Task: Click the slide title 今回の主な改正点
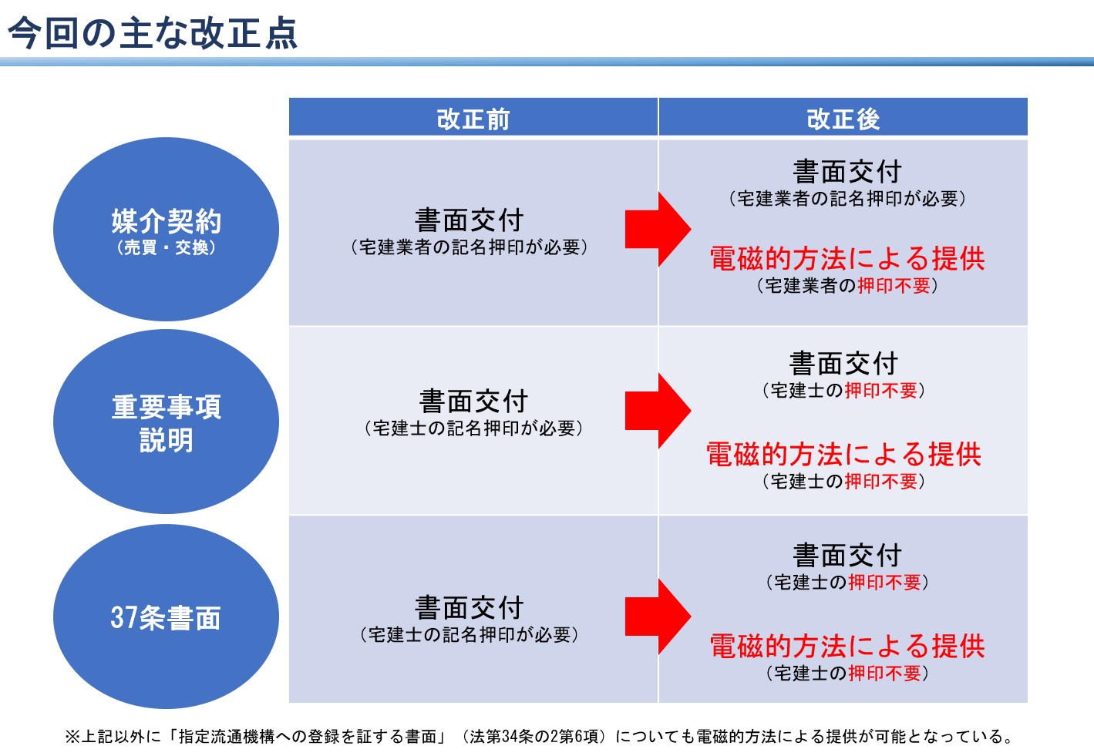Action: (x=153, y=32)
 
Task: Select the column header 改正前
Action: (x=473, y=119)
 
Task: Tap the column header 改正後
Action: (x=843, y=119)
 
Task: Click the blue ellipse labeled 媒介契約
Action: (x=166, y=230)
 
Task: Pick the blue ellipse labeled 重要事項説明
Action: (x=166, y=422)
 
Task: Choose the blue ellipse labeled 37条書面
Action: (x=166, y=617)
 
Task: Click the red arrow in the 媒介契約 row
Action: (x=658, y=230)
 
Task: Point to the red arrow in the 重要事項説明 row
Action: (x=658, y=411)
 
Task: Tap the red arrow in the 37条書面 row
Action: (x=658, y=617)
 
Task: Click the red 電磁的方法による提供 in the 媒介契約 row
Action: (x=847, y=258)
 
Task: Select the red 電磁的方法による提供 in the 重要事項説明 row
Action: (x=843, y=454)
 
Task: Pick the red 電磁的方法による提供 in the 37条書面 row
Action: (x=847, y=646)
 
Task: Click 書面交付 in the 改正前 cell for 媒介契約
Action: (x=470, y=220)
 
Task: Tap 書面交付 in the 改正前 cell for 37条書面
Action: (x=470, y=607)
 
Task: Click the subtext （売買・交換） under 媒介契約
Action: (x=166, y=248)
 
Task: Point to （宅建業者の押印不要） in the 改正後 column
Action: (x=847, y=285)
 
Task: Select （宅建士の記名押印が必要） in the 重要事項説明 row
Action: (x=473, y=428)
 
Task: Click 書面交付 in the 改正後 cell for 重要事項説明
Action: (x=843, y=364)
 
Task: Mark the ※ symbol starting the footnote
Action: (x=72, y=737)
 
